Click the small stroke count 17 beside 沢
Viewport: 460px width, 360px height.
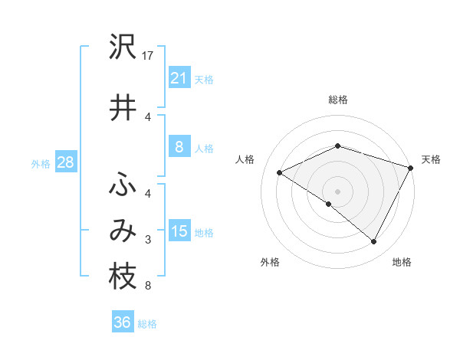pos(149,56)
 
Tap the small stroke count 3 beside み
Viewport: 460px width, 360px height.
pos(148,240)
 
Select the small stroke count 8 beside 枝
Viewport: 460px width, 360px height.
pos(148,286)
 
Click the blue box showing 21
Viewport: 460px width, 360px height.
pos(179,78)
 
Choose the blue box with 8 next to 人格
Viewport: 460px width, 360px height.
pos(179,148)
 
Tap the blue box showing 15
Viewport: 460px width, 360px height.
pos(179,231)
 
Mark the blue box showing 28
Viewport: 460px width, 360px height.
pos(65,162)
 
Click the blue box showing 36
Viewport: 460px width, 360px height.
pos(122,322)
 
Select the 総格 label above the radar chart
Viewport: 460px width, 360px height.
pos(337,100)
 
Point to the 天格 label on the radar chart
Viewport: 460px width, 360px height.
pos(431,159)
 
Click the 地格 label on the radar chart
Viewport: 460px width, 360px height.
pos(402,263)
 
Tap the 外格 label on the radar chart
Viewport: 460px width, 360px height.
pos(270,263)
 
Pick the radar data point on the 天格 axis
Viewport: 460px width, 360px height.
pos(412,167)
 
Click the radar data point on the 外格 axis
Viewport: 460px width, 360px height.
pos(329,204)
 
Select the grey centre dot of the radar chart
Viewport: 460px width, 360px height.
pos(337,191)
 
